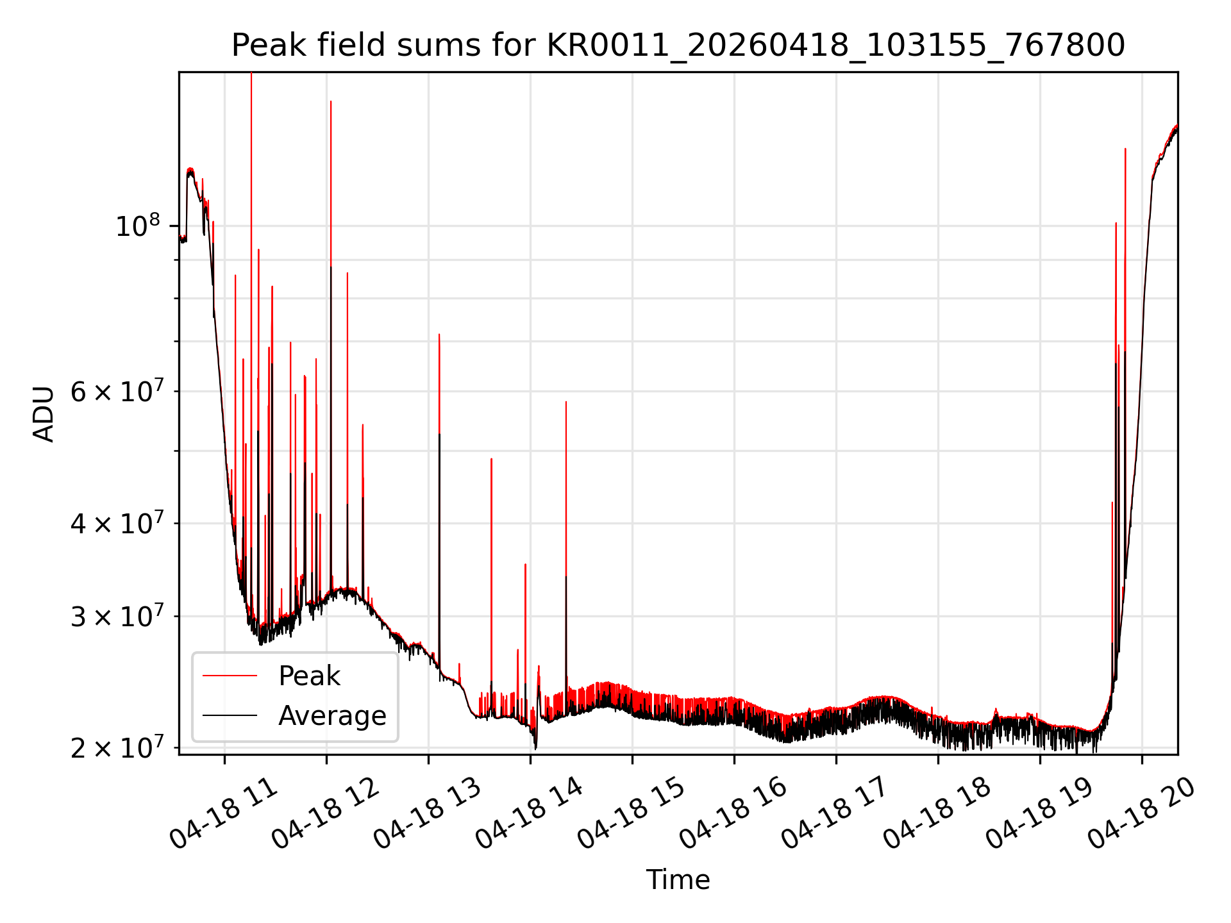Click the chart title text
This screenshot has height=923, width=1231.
(678, 46)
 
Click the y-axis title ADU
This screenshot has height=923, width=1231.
(44, 413)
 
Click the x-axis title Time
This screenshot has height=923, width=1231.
(678, 880)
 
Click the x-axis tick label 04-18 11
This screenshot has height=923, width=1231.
(224, 814)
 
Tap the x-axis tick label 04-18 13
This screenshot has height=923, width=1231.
(428, 814)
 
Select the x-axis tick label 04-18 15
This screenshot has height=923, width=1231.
(632, 814)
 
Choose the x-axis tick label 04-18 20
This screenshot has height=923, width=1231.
(1142, 814)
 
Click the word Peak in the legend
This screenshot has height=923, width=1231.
(309, 676)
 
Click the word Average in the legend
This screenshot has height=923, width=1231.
(332, 716)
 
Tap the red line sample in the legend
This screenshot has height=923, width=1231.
(230, 676)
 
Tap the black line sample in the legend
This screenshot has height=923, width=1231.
(230, 715)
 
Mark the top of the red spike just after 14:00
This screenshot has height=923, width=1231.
(566, 402)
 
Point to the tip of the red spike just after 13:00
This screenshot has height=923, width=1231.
(439, 335)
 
